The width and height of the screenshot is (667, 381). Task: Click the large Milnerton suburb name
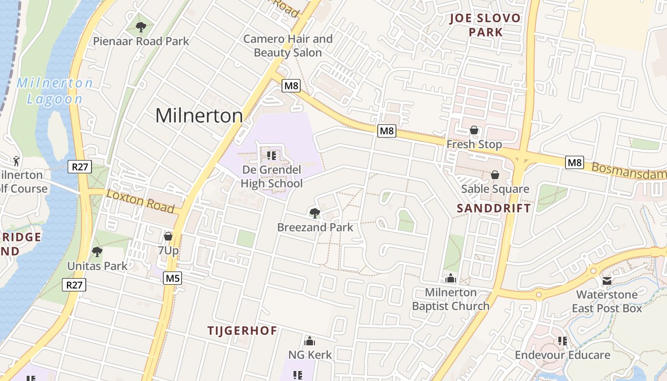pos(199,116)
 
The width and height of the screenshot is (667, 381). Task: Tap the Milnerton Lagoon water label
pos(55,90)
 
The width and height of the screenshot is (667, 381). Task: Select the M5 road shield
pos(172,278)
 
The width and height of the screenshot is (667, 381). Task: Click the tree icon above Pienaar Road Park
pos(141,27)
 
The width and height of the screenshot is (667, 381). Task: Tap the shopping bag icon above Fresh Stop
pos(474,130)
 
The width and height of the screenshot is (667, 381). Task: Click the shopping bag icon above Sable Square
pos(495,175)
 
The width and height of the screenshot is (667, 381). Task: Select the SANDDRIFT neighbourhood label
pos(494,208)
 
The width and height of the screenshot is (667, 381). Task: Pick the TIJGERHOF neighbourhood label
pos(242,331)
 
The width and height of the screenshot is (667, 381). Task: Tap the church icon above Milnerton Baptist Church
pos(450,278)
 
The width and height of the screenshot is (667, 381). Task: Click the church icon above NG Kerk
pos(310,341)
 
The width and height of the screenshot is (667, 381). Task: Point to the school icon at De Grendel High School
pos(272,156)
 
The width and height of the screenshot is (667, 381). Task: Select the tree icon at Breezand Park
pos(314,213)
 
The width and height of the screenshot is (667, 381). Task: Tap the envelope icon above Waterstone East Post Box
pos(607,281)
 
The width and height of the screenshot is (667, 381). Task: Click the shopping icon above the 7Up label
pos(168,236)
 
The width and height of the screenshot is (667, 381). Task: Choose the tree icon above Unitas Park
pos(97,251)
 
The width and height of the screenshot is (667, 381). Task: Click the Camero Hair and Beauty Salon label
pos(288,46)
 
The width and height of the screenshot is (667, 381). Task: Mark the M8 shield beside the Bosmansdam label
pos(575,162)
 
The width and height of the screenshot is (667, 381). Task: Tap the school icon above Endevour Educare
pos(562,341)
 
